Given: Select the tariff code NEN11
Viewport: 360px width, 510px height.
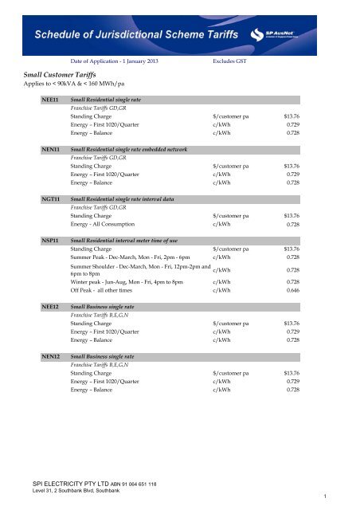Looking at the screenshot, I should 50,148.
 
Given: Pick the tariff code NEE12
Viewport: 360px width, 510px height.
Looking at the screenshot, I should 50,305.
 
